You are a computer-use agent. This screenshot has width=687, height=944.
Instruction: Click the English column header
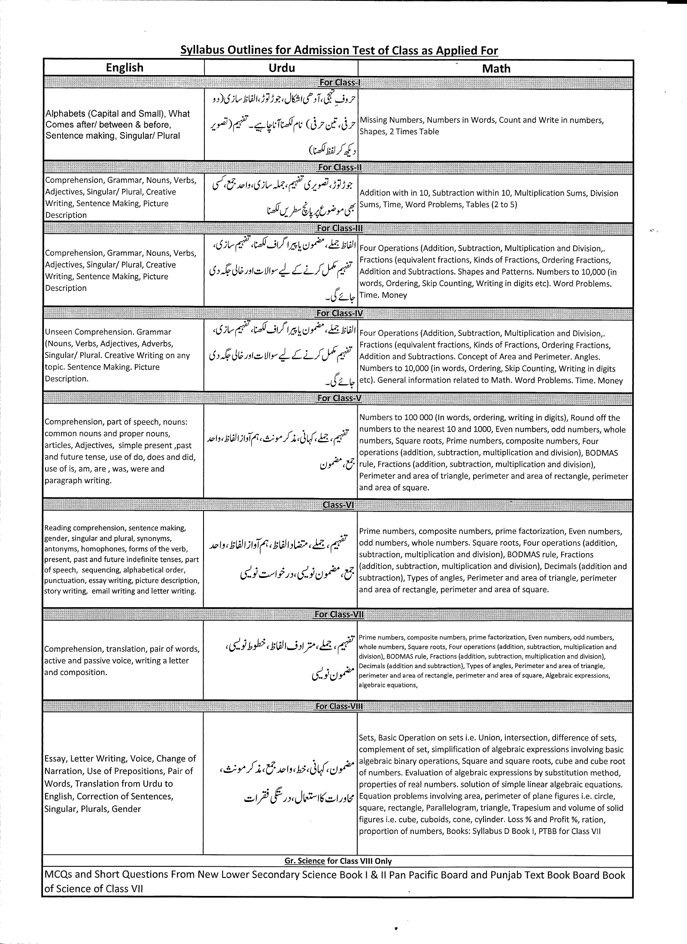click(125, 68)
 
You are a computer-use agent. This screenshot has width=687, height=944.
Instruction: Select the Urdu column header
click(282, 68)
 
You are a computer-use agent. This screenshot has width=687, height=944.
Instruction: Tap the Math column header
click(496, 69)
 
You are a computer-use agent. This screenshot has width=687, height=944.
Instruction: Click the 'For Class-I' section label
click(339, 82)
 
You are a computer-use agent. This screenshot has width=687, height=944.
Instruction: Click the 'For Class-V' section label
click(339, 398)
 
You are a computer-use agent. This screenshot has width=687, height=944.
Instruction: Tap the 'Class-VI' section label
click(338, 505)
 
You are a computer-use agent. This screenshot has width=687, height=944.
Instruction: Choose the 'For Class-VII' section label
click(339, 614)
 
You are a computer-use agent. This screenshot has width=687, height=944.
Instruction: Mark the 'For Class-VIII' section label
click(339, 706)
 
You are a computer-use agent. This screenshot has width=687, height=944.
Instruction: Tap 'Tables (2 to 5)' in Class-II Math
click(492, 205)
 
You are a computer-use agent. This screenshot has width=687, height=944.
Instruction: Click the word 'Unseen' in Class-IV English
click(58, 332)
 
